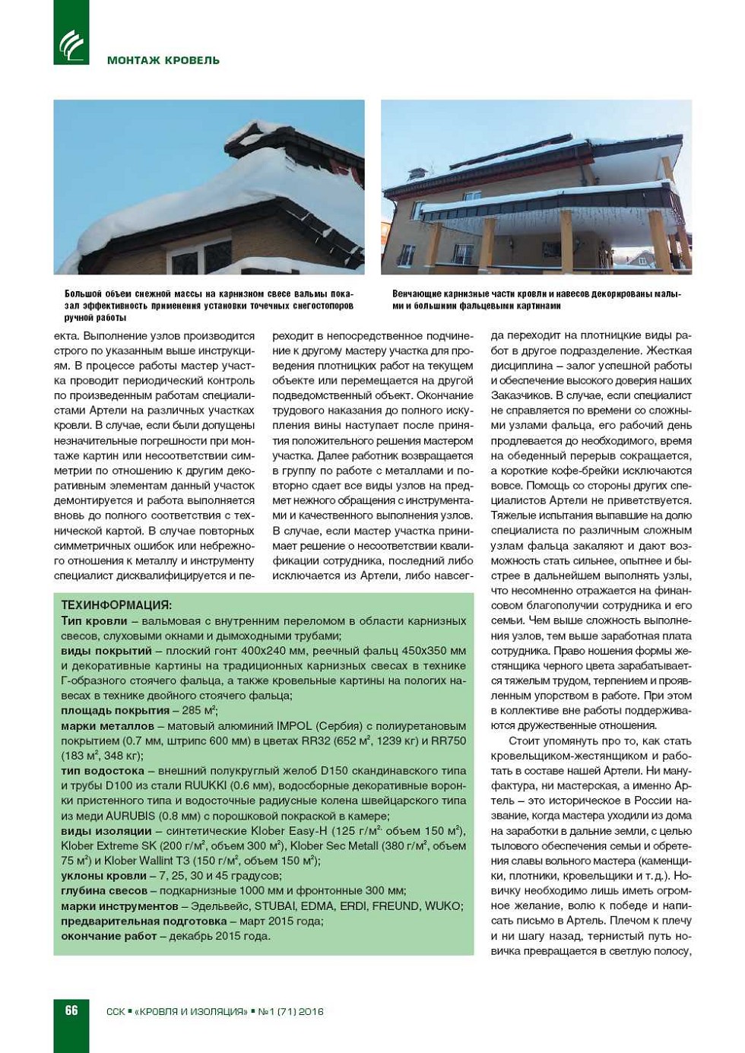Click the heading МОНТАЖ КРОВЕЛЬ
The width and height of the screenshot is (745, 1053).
tap(163, 60)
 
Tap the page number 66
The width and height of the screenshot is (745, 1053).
tap(71, 1010)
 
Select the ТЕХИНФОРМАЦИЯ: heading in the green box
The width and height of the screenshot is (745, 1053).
tap(116, 605)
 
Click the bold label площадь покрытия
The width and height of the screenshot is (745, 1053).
tap(115, 710)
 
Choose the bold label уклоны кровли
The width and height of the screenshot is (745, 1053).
tap(103, 875)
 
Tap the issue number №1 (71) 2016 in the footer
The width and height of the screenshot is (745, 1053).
tap(291, 1011)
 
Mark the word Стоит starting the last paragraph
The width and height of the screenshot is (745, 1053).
tap(523, 741)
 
